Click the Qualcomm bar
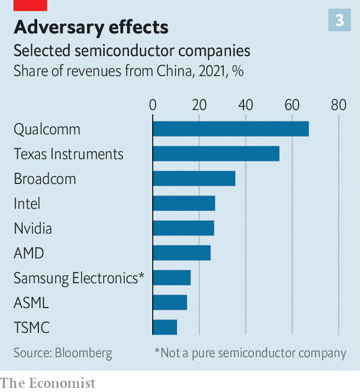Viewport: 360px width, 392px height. (x=231, y=129)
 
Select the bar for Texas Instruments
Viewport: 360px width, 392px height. (x=216, y=154)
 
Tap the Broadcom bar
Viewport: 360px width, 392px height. (x=194, y=178)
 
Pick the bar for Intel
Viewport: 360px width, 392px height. (x=184, y=203)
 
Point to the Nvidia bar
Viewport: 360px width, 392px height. (x=184, y=228)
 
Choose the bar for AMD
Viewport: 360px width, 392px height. (x=182, y=253)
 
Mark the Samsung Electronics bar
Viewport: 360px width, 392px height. (x=172, y=278)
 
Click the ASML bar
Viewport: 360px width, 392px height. (x=170, y=303)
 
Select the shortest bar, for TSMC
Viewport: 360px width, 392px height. (x=165, y=327)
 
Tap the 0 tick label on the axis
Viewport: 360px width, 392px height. (x=153, y=105)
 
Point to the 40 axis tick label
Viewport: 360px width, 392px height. (x=245, y=105)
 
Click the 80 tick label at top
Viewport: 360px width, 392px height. (x=338, y=105)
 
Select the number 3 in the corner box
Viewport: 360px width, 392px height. (x=339, y=21)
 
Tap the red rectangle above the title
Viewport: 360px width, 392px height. (x=30, y=5)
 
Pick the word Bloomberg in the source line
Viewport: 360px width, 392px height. (x=83, y=353)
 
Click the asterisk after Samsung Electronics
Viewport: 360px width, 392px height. (x=142, y=275)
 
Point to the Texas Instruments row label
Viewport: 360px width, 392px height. (x=69, y=154)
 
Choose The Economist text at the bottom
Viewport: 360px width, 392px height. (x=48, y=383)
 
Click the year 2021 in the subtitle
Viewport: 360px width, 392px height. (x=200, y=71)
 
